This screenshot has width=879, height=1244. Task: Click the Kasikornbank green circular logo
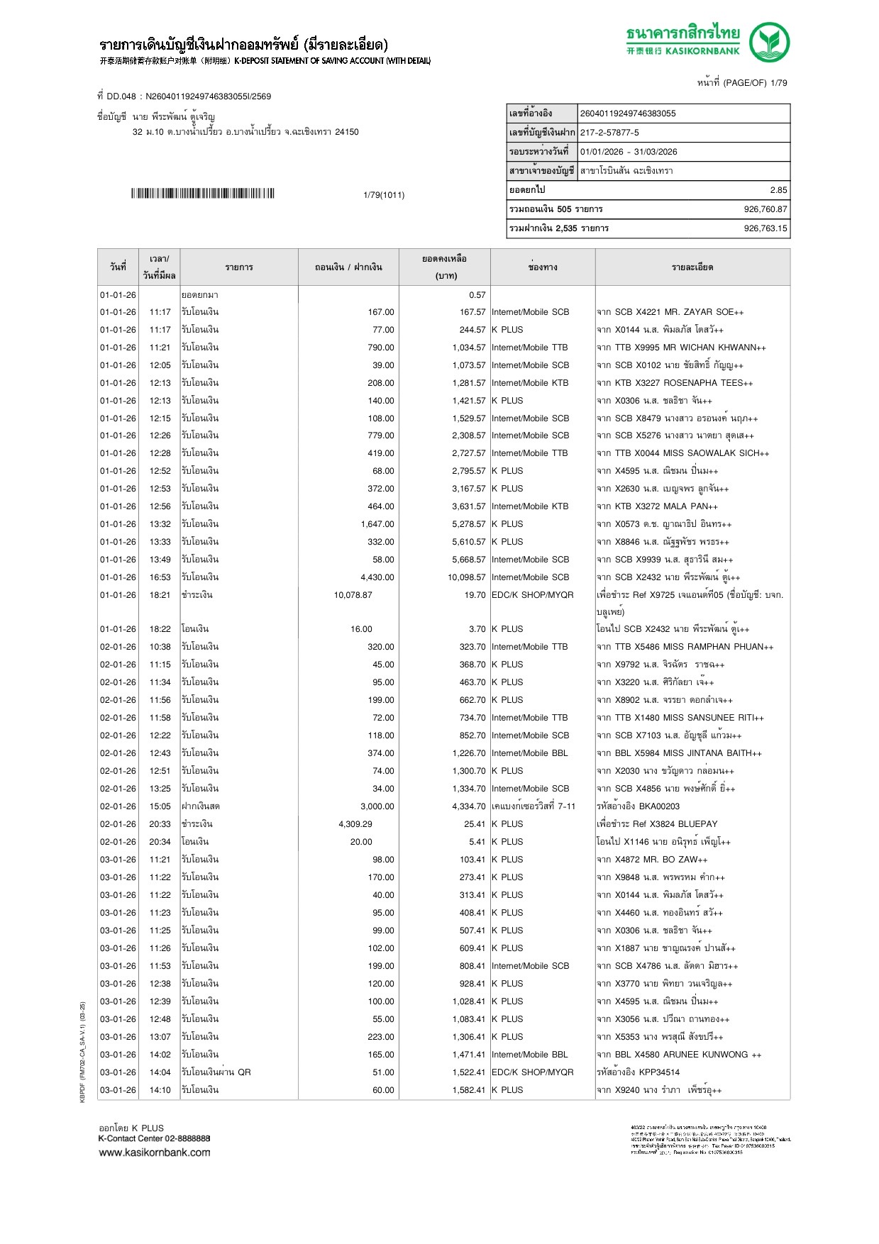point(769,43)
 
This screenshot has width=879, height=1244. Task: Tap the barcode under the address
point(202,194)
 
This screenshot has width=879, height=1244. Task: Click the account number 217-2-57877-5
point(609,133)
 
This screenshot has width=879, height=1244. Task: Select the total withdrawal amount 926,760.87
point(765,209)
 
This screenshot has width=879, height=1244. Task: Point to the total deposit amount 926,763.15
point(765,228)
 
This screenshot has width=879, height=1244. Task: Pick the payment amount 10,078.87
point(353,595)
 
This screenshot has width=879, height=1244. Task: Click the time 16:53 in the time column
point(160,577)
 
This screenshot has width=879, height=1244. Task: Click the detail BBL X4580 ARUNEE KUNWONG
point(681,1055)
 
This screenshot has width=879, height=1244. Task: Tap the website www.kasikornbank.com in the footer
point(155,1153)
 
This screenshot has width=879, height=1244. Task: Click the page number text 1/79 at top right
point(778,83)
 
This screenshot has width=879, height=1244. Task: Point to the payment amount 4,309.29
point(355,824)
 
